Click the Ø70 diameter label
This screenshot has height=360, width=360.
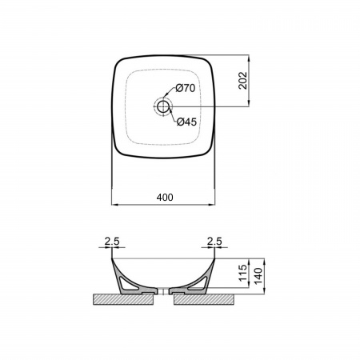(x=186, y=88)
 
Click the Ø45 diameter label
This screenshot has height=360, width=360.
(x=186, y=122)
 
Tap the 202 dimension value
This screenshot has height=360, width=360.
(x=243, y=81)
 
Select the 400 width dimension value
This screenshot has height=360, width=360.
(x=165, y=198)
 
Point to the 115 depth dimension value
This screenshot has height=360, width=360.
(x=243, y=273)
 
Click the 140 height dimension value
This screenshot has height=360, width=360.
(x=258, y=276)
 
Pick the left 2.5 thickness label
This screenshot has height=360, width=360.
(x=112, y=242)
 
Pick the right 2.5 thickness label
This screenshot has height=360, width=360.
(x=214, y=242)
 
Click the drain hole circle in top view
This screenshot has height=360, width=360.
(x=162, y=106)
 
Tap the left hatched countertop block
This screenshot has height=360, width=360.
(x=123, y=299)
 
